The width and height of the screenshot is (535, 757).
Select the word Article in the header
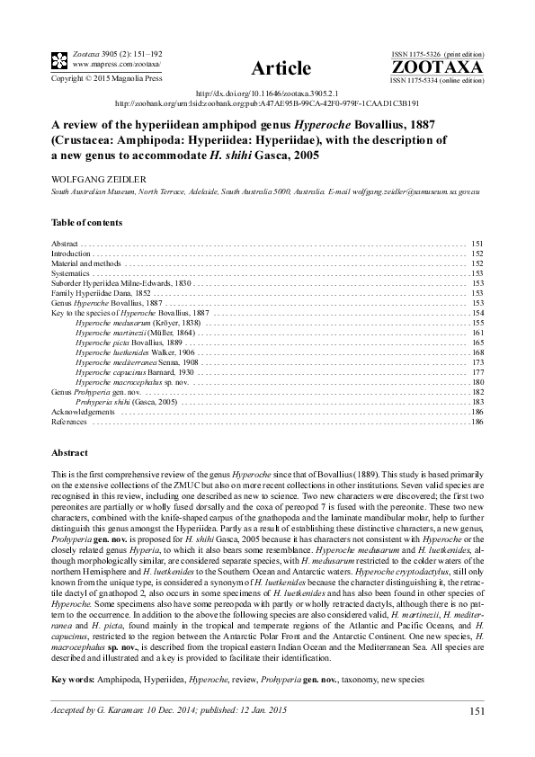click(282, 68)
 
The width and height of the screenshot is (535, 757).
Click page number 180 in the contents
click(477, 382)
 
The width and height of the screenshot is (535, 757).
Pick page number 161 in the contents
click(477, 333)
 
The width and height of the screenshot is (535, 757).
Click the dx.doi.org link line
click(267, 94)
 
